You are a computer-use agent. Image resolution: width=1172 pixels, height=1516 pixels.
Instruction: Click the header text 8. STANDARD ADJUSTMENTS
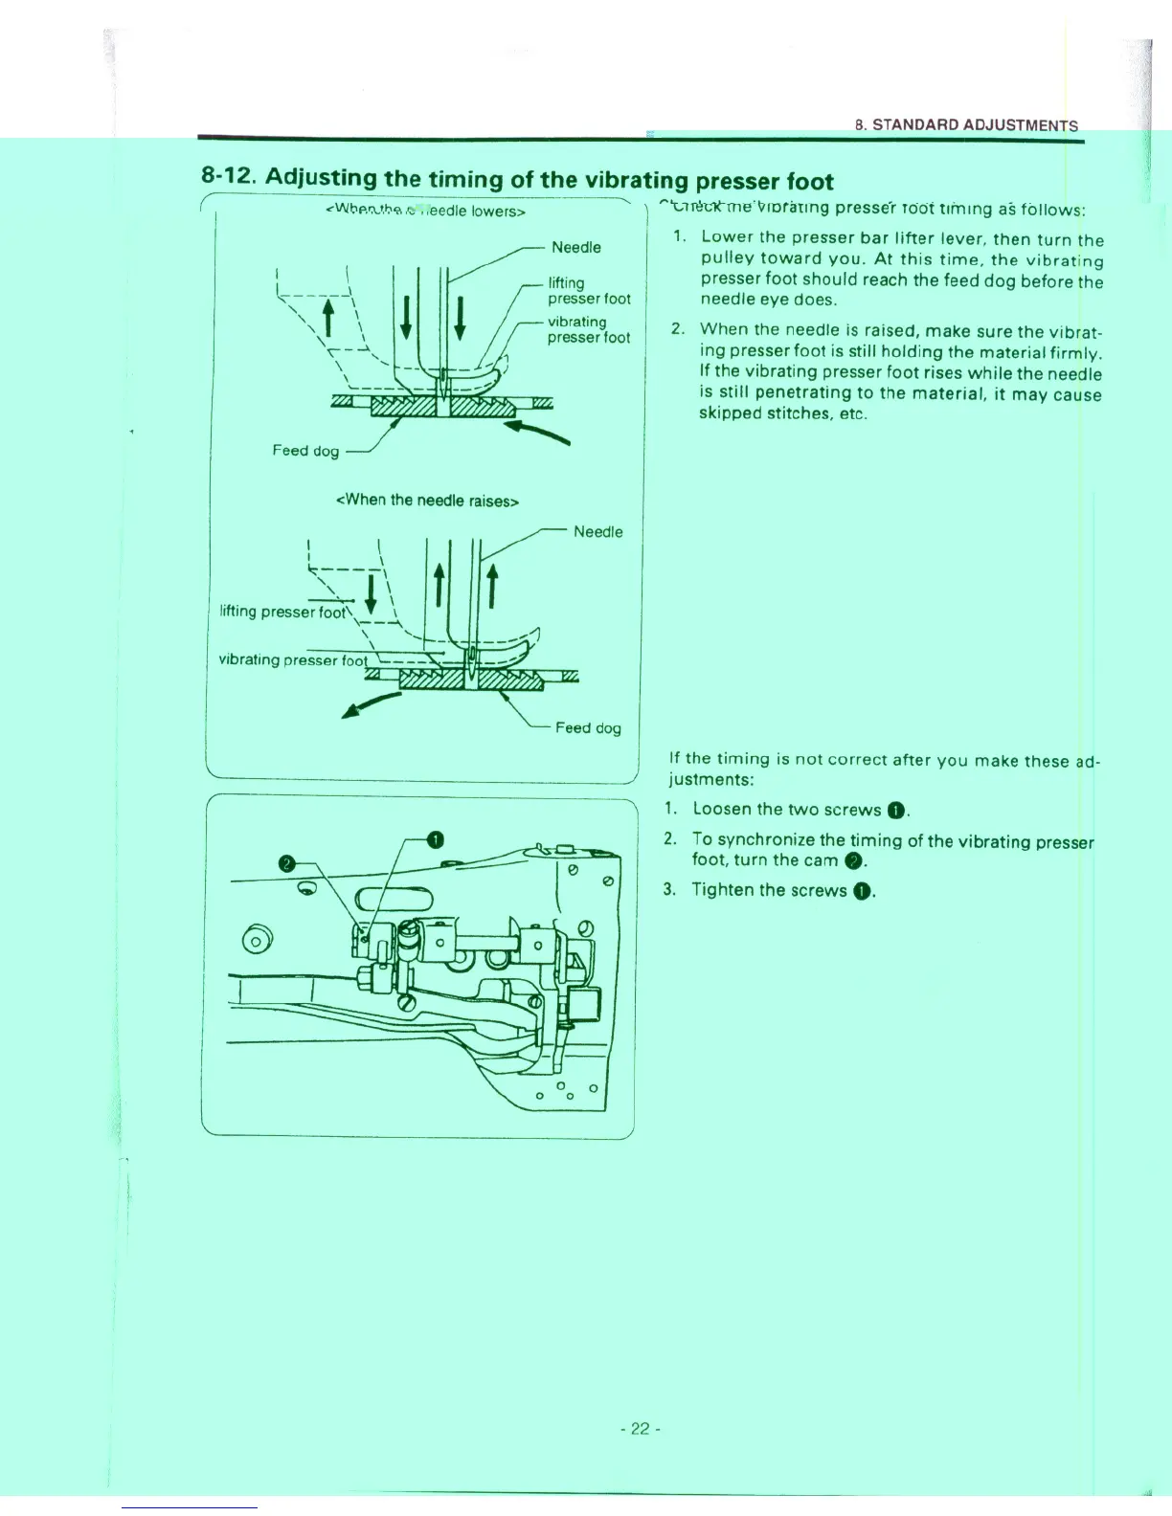coord(966,125)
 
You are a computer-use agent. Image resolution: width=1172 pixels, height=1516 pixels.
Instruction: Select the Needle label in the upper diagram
coord(576,248)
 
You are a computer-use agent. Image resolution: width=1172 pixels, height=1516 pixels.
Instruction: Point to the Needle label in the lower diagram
coord(597,532)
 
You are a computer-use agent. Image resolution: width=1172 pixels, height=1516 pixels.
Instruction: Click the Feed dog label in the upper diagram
coord(305,451)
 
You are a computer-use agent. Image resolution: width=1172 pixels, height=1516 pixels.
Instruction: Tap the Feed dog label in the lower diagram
coord(588,728)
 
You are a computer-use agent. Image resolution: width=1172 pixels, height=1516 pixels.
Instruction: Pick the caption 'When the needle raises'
coord(427,501)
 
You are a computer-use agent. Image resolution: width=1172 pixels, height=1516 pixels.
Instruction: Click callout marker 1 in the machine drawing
coord(435,840)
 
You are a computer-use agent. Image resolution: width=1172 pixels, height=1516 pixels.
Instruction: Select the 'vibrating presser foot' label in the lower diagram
coord(293,660)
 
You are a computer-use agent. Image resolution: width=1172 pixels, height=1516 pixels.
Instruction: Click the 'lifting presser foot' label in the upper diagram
coord(589,291)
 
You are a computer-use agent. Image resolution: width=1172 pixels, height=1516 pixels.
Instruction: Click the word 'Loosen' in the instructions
coord(721,810)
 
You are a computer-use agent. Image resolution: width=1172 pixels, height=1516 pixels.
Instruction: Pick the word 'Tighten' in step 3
coord(722,890)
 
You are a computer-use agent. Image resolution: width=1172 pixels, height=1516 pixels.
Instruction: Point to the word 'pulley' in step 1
coord(726,258)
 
